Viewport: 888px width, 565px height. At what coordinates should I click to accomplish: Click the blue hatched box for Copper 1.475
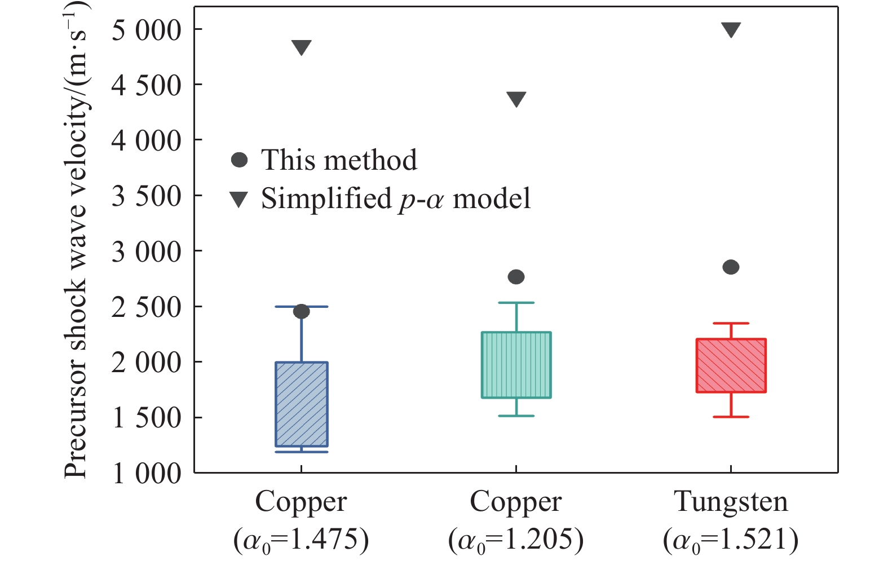point(302,404)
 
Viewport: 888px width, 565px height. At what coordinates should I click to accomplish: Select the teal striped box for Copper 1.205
point(516,365)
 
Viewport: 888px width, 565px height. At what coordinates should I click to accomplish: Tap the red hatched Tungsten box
point(731,365)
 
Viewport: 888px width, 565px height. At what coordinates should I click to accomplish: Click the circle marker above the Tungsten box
point(731,267)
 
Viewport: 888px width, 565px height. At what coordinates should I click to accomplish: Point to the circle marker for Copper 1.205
point(516,277)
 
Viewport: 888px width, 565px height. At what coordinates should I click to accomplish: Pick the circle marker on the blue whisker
point(302,311)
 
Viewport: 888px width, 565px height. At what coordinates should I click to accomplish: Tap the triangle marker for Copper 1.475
point(302,47)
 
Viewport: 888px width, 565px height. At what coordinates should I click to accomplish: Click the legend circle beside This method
point(240,160)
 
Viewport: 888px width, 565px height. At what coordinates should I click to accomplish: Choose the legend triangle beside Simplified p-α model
point(240,199)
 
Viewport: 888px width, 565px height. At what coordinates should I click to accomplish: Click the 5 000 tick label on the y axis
point(147,30)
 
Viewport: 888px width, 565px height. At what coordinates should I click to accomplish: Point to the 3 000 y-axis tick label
point(147,251)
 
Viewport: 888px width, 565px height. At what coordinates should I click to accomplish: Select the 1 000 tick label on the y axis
point(147,473)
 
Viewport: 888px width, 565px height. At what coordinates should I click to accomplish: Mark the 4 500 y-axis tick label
point(147,85)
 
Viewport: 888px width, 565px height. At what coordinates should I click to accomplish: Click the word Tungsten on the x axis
point(731,501)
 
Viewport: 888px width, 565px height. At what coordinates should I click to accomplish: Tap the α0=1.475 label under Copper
point(301,540)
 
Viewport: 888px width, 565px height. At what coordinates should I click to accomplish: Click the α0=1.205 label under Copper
point(516,540)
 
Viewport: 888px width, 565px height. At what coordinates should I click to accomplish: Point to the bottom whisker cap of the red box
point(731,417)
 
